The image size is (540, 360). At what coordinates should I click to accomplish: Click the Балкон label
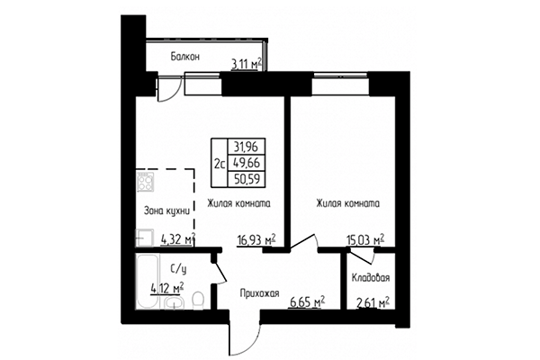tap(184, 58)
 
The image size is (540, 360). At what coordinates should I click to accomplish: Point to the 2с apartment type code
tap(220, 164)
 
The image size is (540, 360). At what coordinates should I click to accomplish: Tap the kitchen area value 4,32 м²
tap(177, 239)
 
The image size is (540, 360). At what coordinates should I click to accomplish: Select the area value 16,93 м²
tap(256, 239)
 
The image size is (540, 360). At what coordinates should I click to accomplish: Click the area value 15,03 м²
tap(365, 239)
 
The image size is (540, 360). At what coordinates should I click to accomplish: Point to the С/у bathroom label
tap(176, 267)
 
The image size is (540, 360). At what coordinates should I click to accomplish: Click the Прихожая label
tap(260, 293)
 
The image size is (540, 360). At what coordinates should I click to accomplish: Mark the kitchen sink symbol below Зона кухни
tap(144, 238)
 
